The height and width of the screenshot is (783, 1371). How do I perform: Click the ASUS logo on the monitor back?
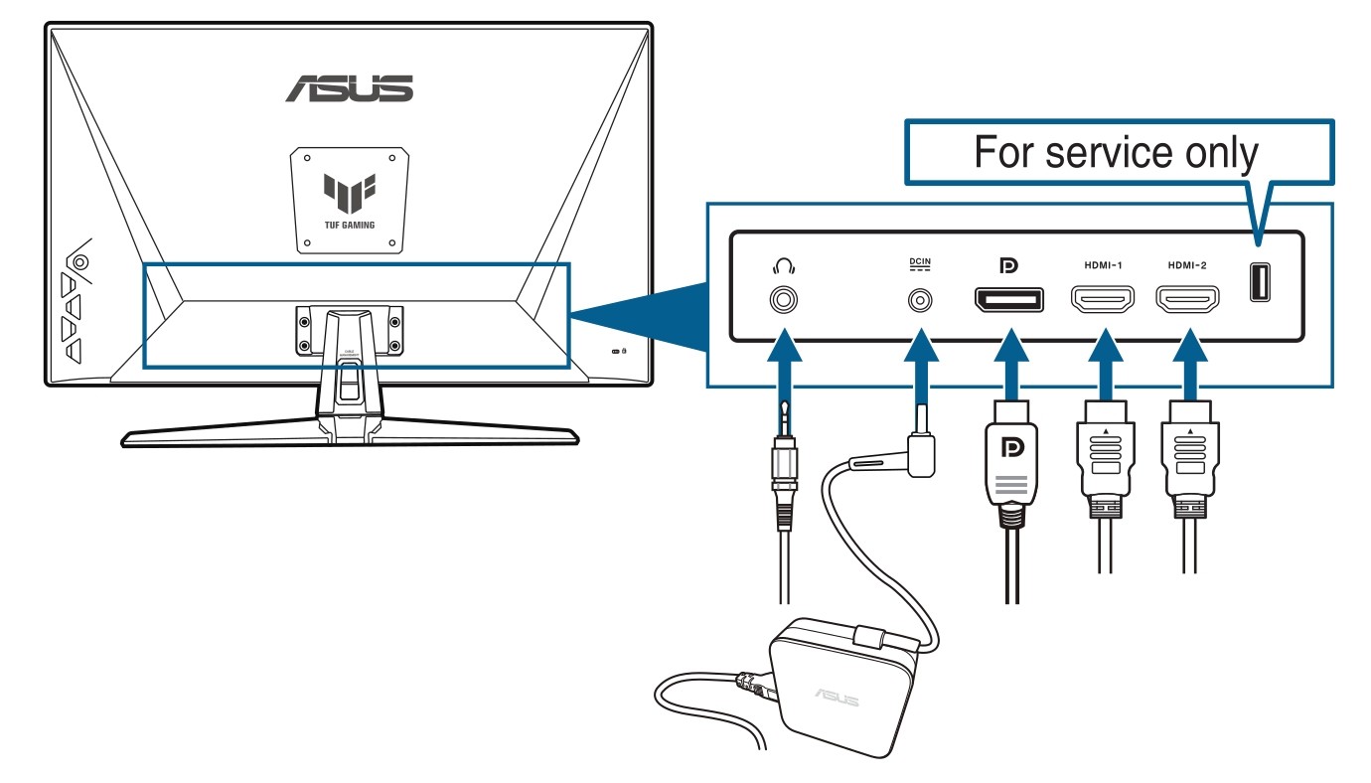click(x=350, y=88)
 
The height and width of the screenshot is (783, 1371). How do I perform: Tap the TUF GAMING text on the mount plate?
click(x=350, y=226)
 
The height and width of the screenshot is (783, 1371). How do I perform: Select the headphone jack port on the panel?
click(x=784, y=300)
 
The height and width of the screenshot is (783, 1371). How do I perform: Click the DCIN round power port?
click(x=919, y=301)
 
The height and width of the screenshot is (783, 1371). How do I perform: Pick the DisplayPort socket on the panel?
click(x=1009, y=299)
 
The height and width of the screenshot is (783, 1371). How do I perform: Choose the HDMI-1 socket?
click(x=1103, y=299)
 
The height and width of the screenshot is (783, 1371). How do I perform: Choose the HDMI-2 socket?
click(x=1187, y=299)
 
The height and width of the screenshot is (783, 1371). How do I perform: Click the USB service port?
click(x=1260, y=282)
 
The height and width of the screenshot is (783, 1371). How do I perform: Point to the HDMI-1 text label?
click(x=1103, y=265)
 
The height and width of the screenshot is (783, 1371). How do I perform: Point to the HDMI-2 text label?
click(x=1187, y=265)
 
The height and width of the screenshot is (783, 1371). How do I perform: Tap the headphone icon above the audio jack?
click(x=784, y=265)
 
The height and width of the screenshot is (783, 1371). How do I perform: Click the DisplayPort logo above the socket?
click(x=1008, y=265)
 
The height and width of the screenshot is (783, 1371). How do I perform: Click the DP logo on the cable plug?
click(x=1012, y=447)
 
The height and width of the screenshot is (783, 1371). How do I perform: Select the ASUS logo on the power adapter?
click(x=837, y=697)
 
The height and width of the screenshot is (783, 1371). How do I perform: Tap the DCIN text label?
click(x=919, y=262)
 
